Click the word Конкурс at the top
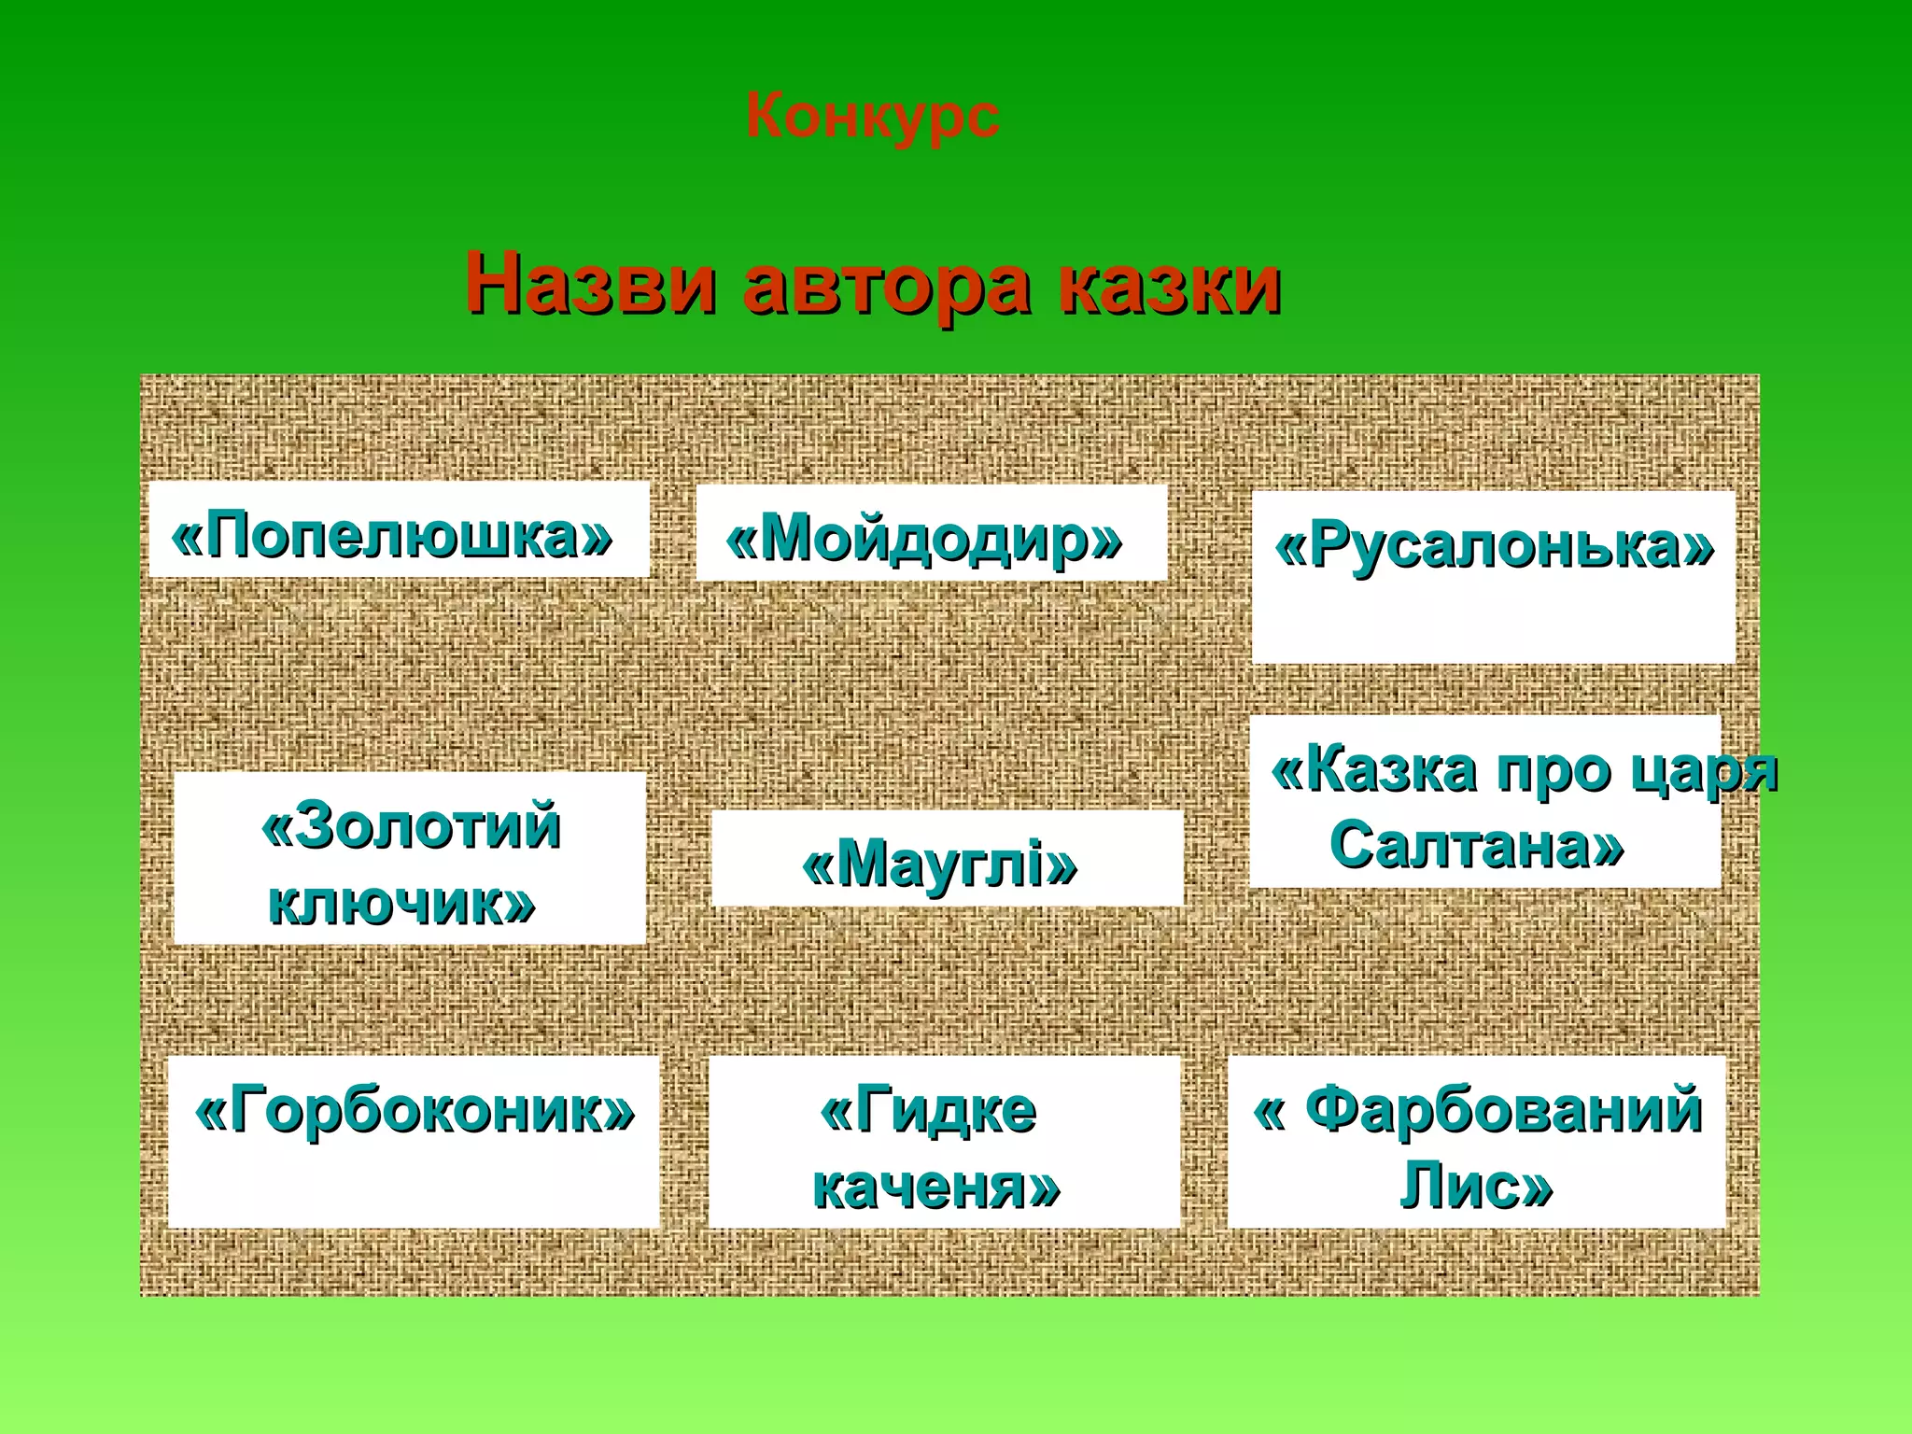872,117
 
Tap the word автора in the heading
887,284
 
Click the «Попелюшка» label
392,536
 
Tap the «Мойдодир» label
924,540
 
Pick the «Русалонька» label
1494,545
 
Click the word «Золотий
411,825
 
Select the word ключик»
401,902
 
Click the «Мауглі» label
939,865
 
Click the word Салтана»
1477,846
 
